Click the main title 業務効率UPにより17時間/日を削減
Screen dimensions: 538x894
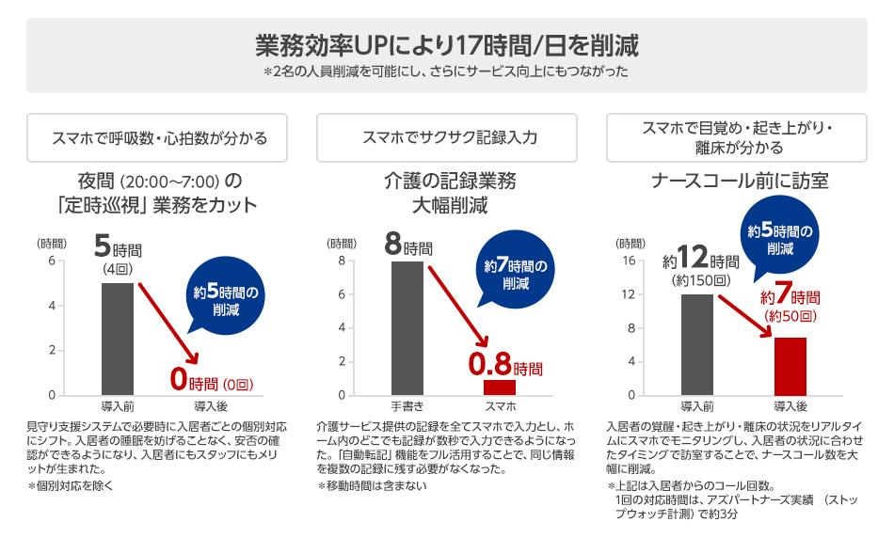(x=447, y=44)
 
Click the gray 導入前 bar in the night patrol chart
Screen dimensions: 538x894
(x=117, y=339)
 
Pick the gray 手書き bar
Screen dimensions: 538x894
(x=407, y=328)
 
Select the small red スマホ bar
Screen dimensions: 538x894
(x=500, y=387)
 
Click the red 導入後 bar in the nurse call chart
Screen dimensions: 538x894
(x=790, y=366)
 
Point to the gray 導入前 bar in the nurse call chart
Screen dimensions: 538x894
(x=697, y=344)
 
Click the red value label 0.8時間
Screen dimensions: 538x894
(x=505, y=364)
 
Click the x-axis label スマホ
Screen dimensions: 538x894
(x=500, y=406)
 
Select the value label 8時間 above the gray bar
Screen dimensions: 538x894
(x=409, y=246)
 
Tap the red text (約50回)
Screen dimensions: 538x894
(x=790, y=317)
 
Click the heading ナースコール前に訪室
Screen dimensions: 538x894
(x=741, y=181)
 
